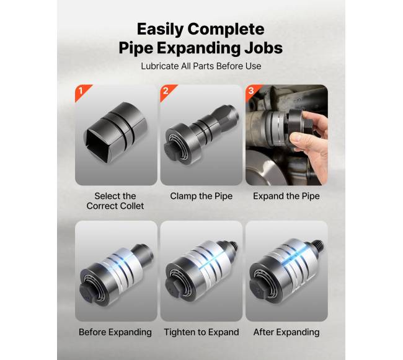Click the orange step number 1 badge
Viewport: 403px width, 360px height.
[82, 92]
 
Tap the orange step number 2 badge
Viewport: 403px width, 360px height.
[167, 92]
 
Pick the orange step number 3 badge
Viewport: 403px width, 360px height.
[252, 91]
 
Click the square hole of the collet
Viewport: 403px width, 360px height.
[98, 144]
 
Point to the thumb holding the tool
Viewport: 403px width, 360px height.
[298, 139]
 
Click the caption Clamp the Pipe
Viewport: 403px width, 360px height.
[201, 196]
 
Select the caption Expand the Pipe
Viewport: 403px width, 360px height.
[286, 196]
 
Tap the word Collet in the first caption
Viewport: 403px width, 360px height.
[130, 206]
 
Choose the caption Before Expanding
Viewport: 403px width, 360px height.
[115, 332]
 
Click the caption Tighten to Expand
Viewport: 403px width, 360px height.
[201, 332]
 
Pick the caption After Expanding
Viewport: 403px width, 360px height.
[286, 332]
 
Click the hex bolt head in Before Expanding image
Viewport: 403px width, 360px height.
[88, 294]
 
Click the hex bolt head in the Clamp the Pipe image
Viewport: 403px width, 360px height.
[171, 150]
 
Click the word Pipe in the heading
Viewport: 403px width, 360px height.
[136, 48]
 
